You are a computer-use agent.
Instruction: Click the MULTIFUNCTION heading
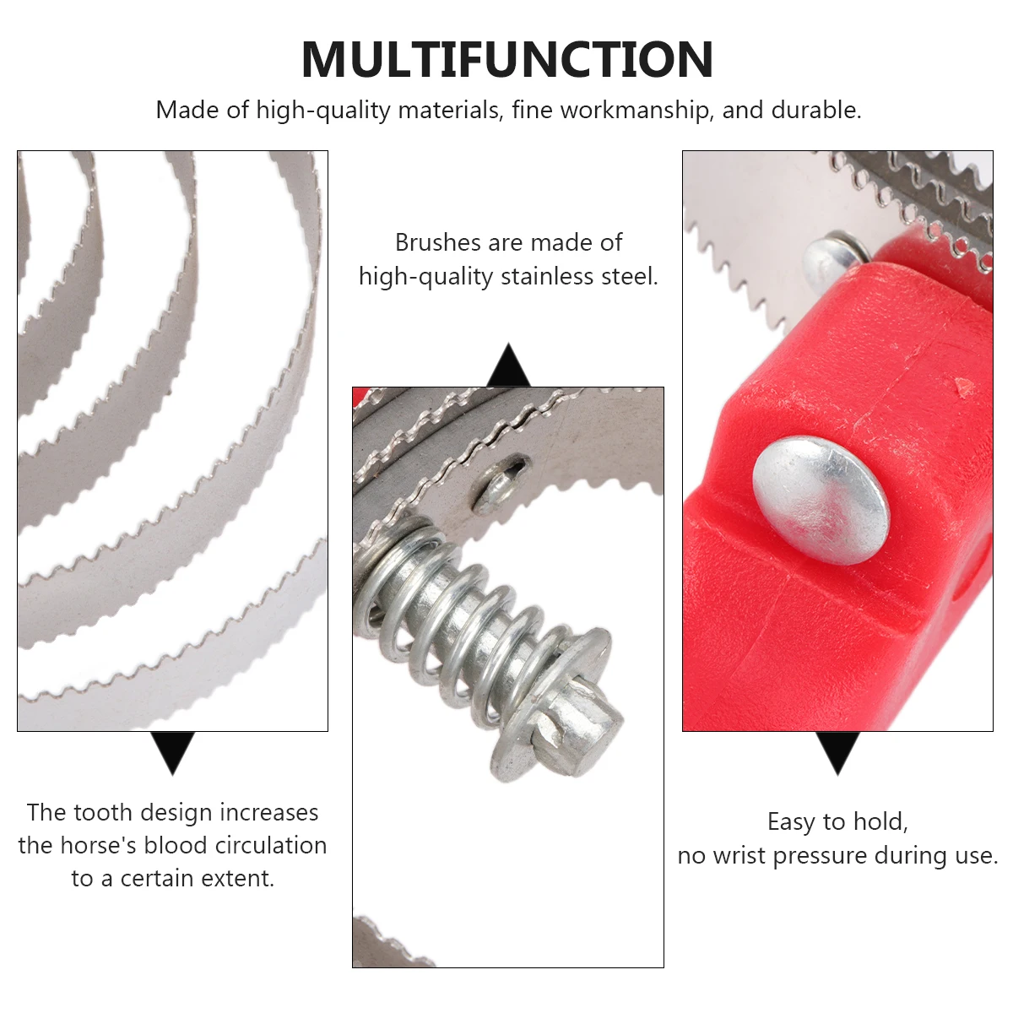click(x=506, y=59)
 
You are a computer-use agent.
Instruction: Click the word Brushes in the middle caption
click(x=437, y=243)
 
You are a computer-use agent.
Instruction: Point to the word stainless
click(x=547, y=277)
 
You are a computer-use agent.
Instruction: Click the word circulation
click(x=270, y=846)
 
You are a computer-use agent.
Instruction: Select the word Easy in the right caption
click(x=792, y=822)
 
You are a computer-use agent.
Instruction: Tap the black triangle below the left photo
click(x=173, y=751)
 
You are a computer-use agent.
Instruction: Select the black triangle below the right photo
click(x=837, y=751)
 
